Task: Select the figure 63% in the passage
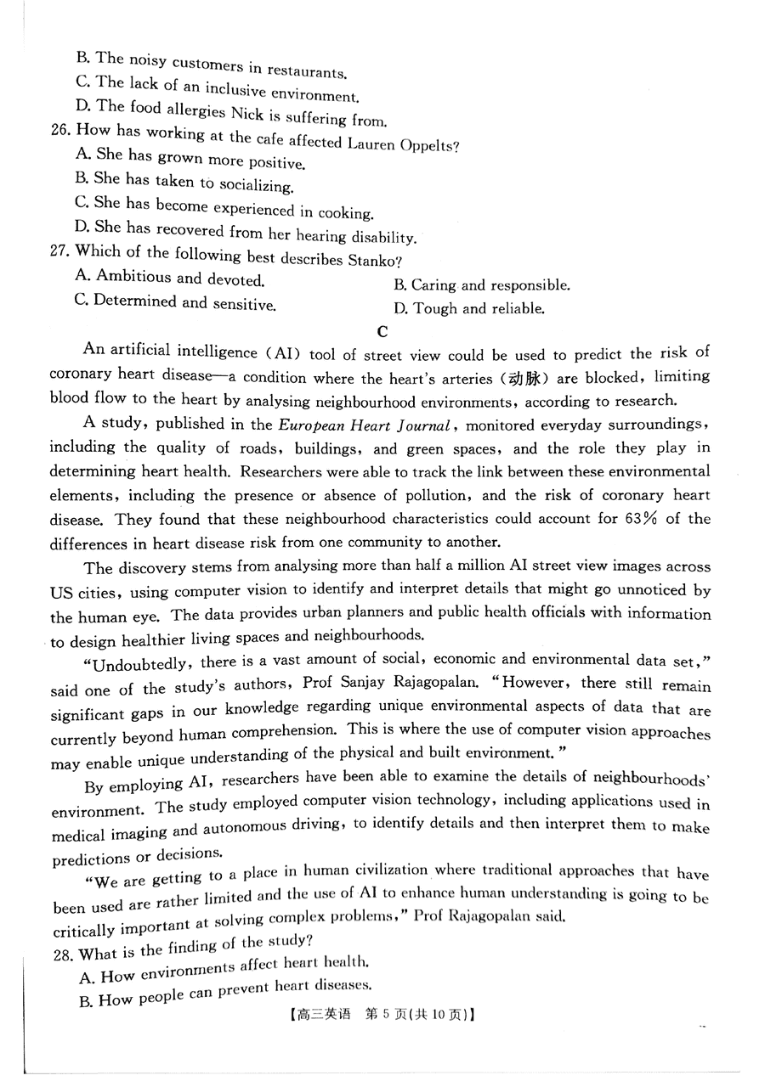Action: [x=643, y=518]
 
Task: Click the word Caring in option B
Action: [x=434, y=285]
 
